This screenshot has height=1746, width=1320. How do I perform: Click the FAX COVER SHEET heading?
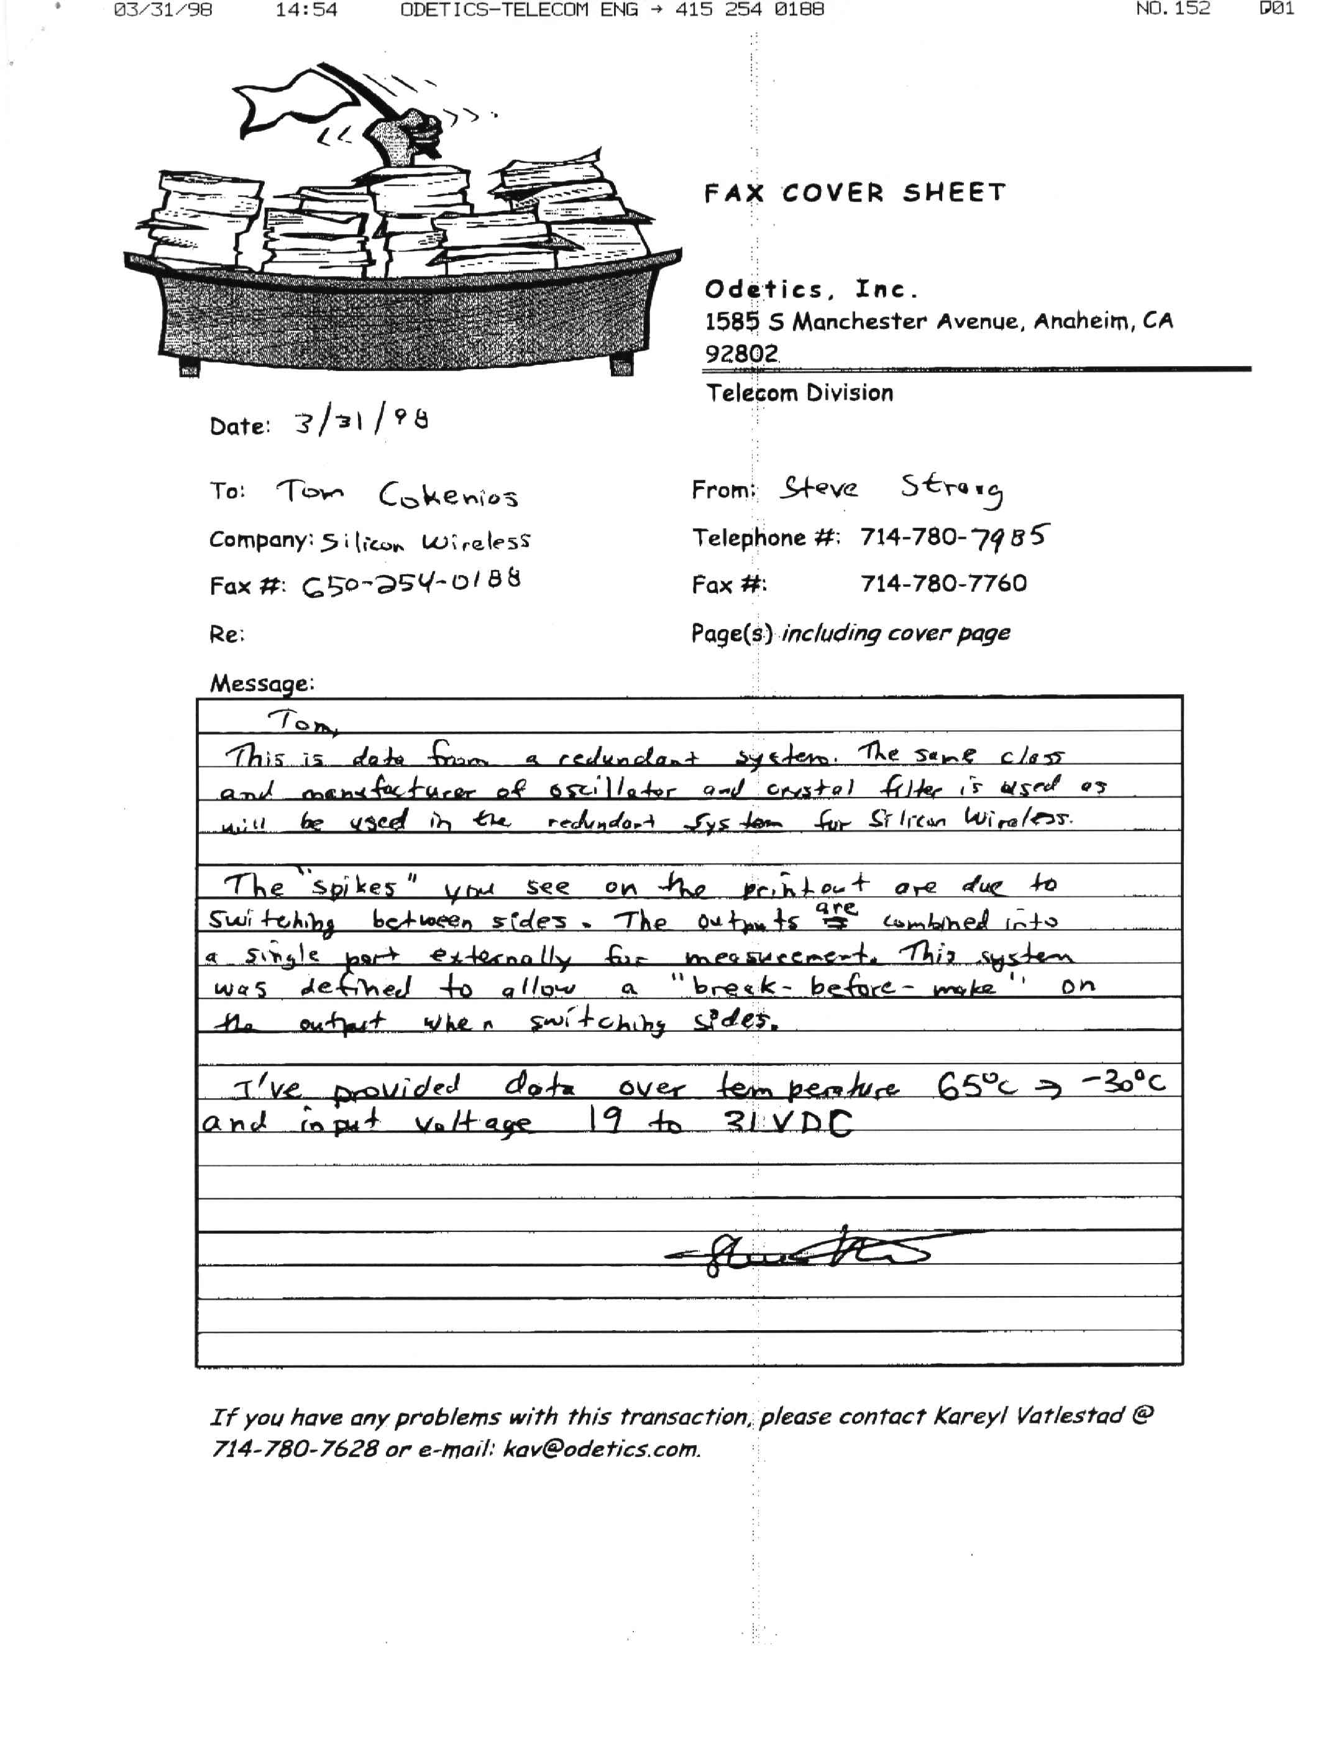point(855,193)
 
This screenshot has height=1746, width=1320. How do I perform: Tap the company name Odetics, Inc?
point(810,290)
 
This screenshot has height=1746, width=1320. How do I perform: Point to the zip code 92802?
point(741,353)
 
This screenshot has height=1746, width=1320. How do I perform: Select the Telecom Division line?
point(799,393)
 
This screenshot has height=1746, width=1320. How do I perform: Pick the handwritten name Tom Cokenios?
point(397,494)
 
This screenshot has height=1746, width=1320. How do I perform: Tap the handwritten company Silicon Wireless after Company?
point(425,541)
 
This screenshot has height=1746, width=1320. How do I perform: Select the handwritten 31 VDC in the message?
point(789,1122)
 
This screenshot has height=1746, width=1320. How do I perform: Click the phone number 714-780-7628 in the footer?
point(293,1450)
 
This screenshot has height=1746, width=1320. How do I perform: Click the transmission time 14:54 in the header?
point(306,9)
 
